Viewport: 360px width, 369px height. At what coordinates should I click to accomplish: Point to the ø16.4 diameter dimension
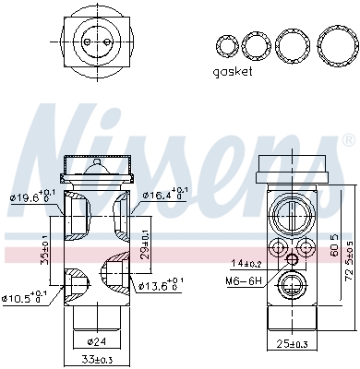164,195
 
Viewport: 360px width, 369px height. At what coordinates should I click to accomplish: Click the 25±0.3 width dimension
290,344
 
